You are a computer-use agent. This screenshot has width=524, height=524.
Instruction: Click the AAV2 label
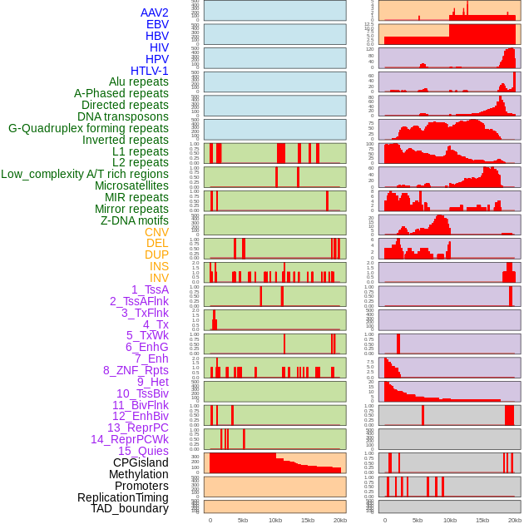click(x=155, y=12)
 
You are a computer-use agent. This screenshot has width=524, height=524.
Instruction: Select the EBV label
click(x=157, y=24)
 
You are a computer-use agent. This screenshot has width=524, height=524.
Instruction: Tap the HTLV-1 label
click(x=150, y=71)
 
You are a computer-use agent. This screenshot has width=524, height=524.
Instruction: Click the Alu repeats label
click(x=139, y=82)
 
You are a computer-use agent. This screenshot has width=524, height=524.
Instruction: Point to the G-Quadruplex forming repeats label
click(x=88, y=128)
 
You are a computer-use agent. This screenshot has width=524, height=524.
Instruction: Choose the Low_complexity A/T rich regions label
click(x=85, y=174)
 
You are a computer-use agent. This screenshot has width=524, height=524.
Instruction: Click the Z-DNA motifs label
click(x=135, y=220)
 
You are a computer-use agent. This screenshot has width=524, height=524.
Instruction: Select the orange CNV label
click(x=156, y=232)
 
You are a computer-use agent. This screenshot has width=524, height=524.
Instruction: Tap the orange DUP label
click(x=156, y=255)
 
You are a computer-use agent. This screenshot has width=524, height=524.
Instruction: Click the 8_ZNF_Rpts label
click(x=136, y=370)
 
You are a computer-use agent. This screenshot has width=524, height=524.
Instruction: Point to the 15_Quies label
click(x=142, y=451)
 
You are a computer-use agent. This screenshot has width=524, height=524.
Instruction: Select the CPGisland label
click(x=141, y=462)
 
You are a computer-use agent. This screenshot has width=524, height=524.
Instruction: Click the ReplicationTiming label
click(x=123, y=497)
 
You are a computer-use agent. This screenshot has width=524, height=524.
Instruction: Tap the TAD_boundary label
click(x=130, y=508)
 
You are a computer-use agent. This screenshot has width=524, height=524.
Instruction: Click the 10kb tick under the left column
click(x=274, y=520)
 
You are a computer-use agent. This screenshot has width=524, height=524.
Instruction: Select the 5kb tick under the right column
click(x=418, y=520)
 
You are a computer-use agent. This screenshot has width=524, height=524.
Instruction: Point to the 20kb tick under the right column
click(x=515, y=520)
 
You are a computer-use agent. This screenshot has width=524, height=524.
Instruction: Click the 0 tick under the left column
click(x=210, y=520)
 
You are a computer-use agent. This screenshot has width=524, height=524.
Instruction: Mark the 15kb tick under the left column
click(x=308, y=520)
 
